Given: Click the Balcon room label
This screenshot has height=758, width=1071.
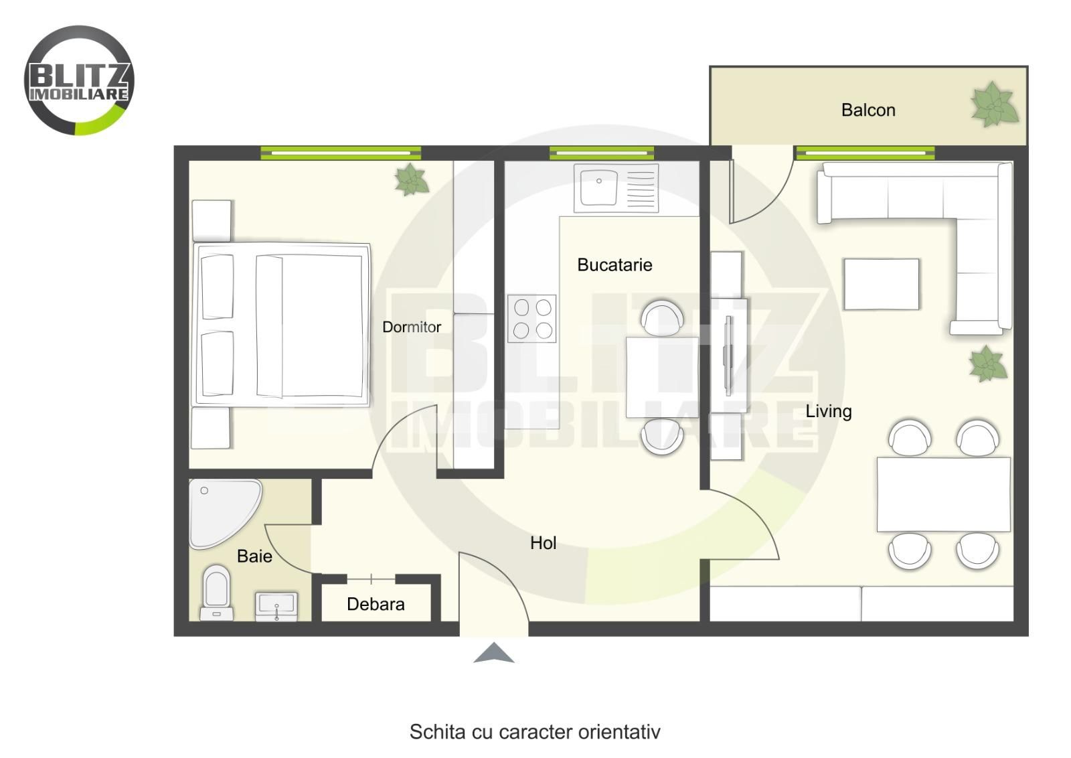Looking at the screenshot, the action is click(x=868, y=110).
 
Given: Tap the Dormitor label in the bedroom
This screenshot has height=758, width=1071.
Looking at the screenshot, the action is click(x=411, y=327).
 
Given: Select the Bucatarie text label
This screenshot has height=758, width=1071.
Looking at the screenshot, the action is click(x=614, y=265).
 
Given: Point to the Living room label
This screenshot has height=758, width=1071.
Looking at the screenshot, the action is click(x=829, y=412).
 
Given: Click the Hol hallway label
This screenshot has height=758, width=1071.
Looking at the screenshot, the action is click(x=543, y=543).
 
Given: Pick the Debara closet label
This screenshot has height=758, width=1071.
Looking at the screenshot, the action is click(x=376, y=604).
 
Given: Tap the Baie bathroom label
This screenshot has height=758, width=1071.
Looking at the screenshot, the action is click(x=254, y=556).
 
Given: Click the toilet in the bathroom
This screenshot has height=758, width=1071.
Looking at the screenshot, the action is click(x=217, y=593).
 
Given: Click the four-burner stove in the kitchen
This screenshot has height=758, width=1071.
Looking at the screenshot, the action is click(x=531, y=319).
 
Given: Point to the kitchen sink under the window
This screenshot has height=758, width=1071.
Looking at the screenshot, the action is click(x=616, y=188).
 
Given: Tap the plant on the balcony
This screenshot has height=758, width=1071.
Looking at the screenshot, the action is click(x=994, y=104).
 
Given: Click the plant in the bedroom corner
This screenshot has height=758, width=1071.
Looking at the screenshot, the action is click(x=411, y=179).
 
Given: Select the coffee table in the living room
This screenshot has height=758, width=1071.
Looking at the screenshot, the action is click(x=881, y=285).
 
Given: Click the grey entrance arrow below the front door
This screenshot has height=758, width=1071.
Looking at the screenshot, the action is click(x=494, y=653).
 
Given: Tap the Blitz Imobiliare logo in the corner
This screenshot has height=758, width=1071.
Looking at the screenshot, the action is click(x=79, y=80).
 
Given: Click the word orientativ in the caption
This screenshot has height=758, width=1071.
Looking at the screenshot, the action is click(x=619, y=732).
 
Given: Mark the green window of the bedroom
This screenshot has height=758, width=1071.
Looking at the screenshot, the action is click(x=341, y=153).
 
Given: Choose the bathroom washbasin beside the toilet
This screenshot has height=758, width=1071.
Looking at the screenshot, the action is click(x=276, y=607).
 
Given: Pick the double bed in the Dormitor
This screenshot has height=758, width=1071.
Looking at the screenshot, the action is click(x=281, y=325).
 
